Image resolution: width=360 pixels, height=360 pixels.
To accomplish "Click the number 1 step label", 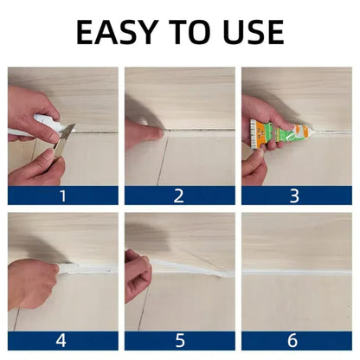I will (x=61, y=195).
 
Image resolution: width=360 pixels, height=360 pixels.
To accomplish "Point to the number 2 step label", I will (x=178, y=195).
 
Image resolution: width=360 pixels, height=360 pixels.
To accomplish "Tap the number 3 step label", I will (x=296, y=195).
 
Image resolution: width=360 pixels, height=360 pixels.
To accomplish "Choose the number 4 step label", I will (x=61, y=340).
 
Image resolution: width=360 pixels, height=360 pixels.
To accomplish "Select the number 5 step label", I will (x=178, y=340).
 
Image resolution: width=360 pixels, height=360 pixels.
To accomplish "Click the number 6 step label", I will (x=296, y=340).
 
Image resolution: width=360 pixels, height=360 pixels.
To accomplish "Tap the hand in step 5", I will (x=137, y=275).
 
